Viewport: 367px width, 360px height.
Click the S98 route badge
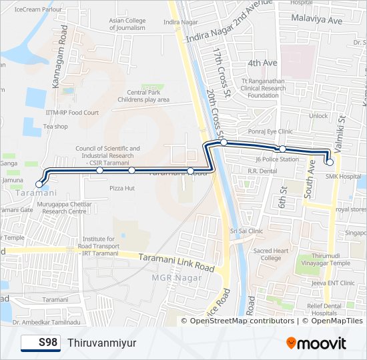(40, 343)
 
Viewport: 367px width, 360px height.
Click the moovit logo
(316, 343)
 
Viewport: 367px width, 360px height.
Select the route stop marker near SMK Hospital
(330, 162)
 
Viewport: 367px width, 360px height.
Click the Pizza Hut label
(122, 189)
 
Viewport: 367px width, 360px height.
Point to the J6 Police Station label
(277, 159)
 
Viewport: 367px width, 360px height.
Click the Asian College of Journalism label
(127, 25)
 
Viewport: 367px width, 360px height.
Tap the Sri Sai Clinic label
(247, 231)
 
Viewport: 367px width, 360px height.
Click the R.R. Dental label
(262, 171)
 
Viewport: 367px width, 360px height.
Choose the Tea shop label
(55, 127)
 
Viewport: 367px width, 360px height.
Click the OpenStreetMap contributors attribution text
(242, 321)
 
